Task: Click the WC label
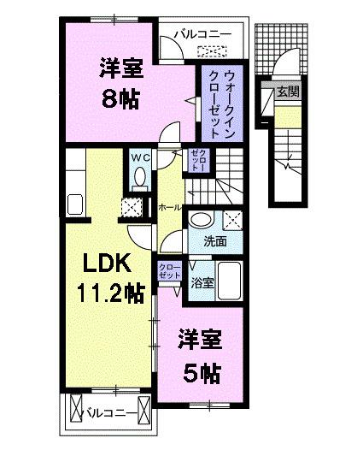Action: pyautogui.click(x=141, y=157)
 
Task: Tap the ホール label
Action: pyautogui.click(x=168, y=207)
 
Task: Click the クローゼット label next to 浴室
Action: pyautogui.click(x=169, y=272)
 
